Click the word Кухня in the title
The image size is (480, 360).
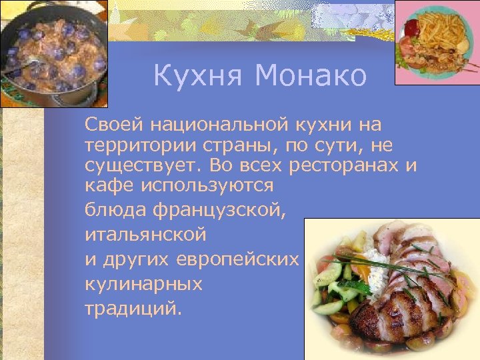point(194,76)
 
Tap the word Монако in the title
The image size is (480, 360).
point(310,76)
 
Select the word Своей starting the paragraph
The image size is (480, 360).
point(114,125)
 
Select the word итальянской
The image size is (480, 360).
point(146,235)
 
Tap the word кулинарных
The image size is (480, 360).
point(143,284)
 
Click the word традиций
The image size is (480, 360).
point(133,309)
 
